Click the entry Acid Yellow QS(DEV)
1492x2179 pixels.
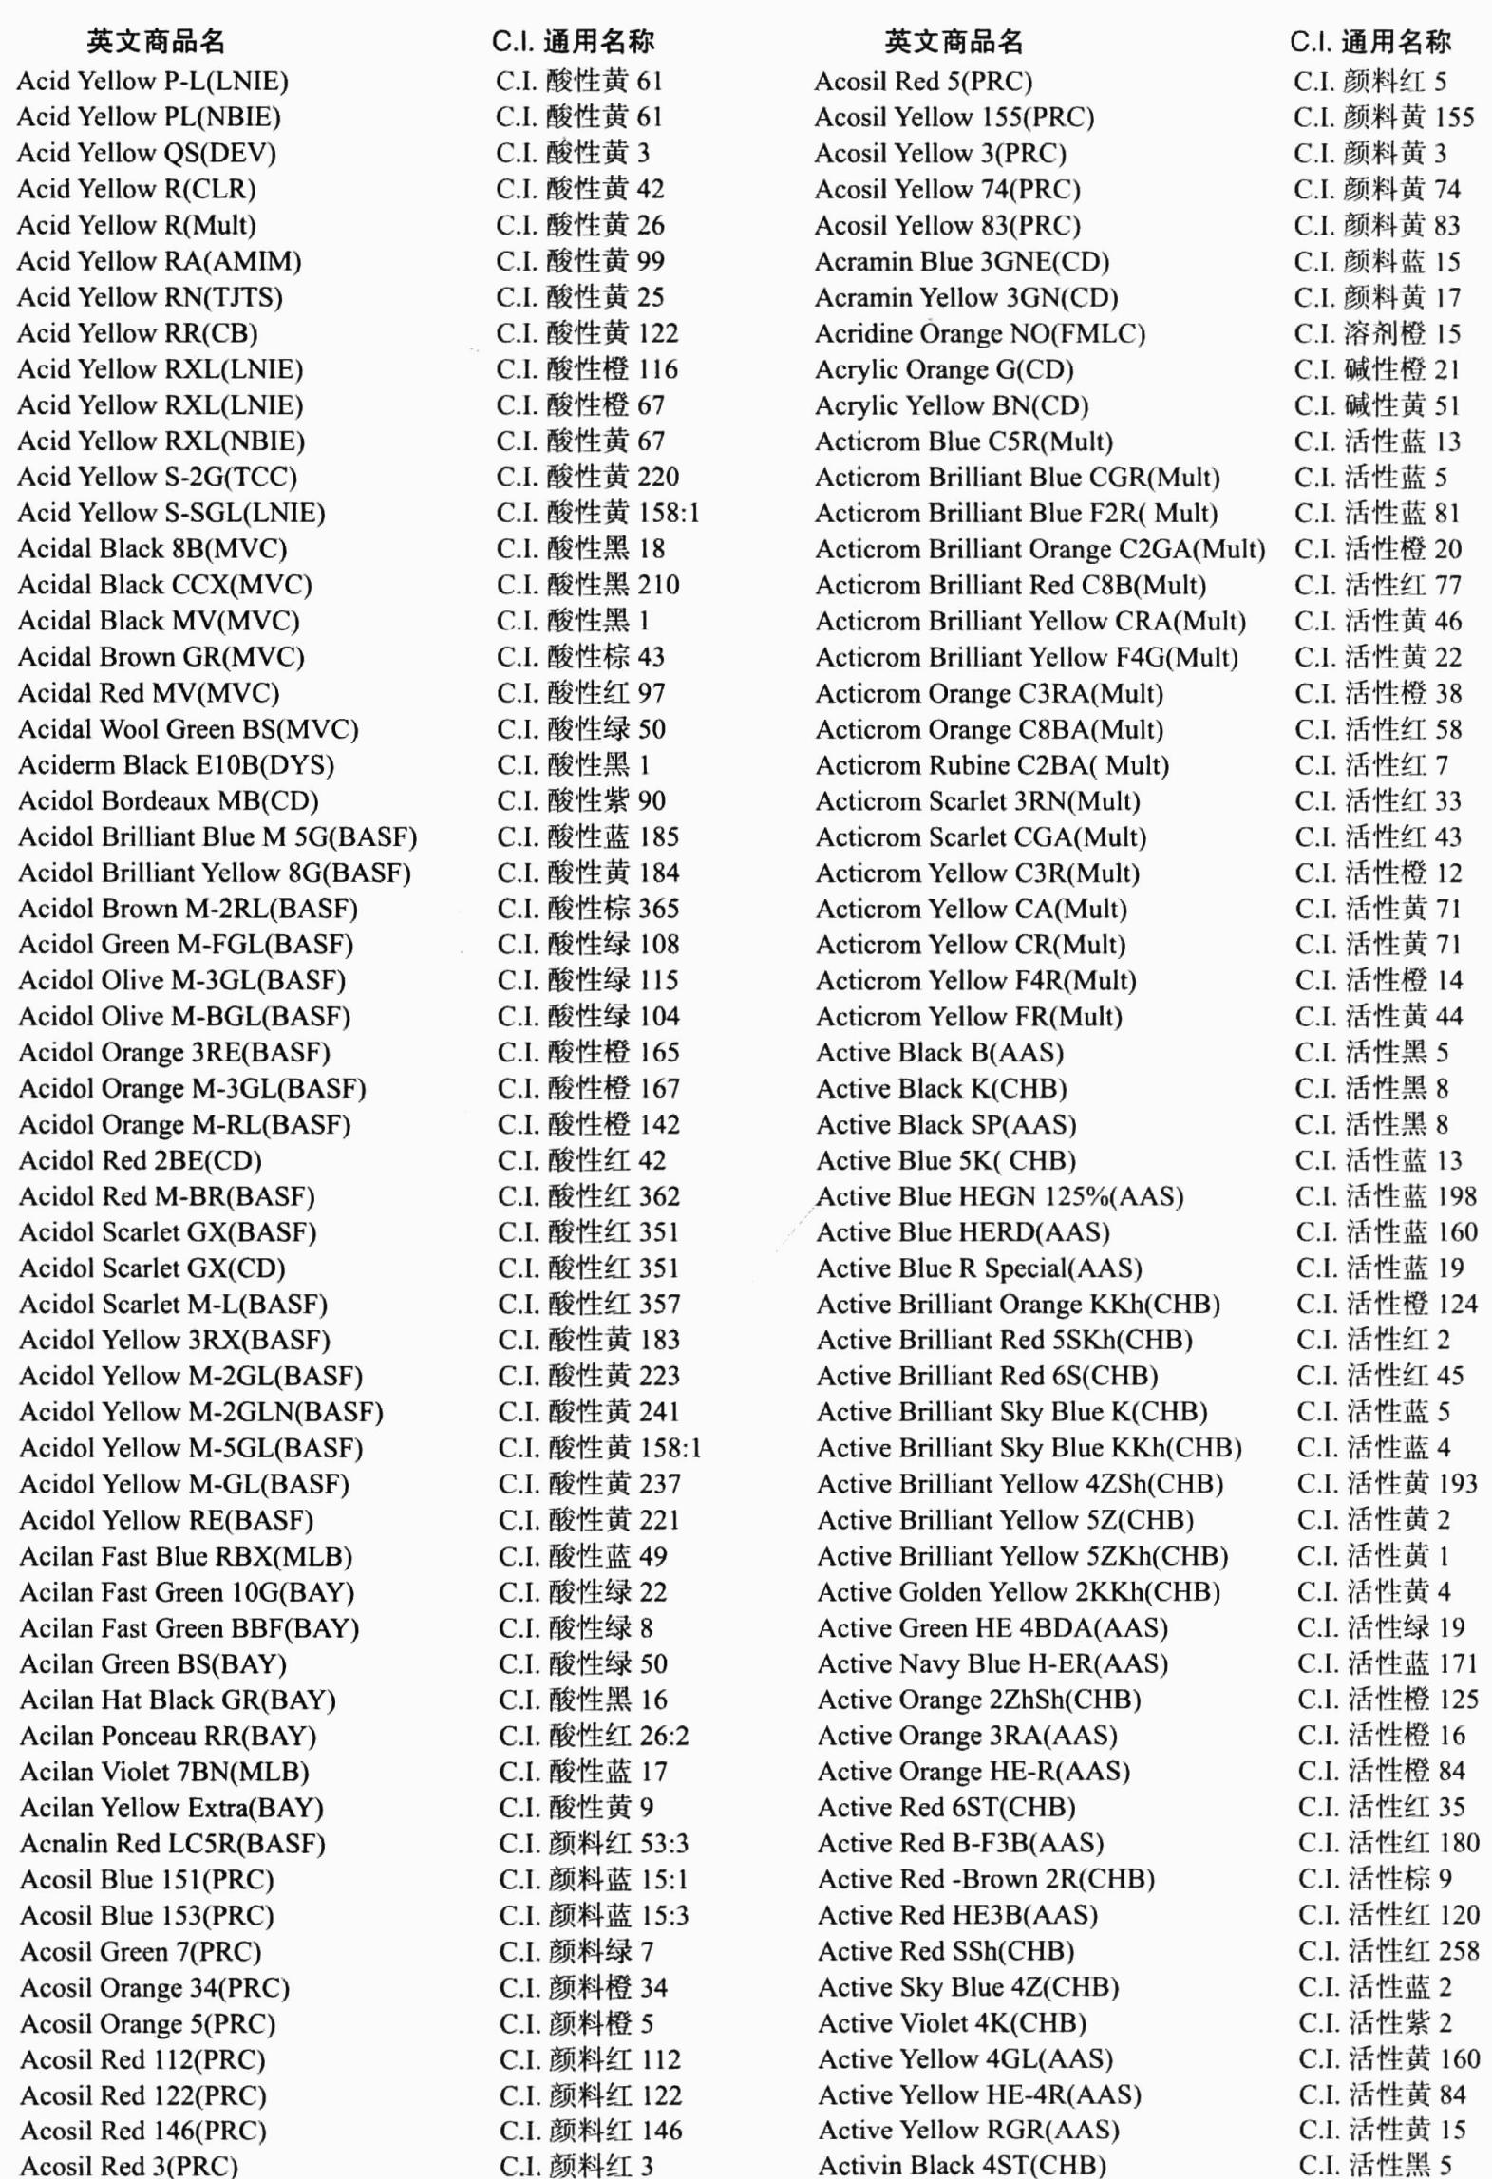coord(146,153)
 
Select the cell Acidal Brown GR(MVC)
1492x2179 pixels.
coord(161,657)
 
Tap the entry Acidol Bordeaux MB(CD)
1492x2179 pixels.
coord(168,801)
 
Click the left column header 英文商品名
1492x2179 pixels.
coord(156,42)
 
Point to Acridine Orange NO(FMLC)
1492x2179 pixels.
coord(979,334)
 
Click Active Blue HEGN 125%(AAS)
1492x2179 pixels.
coord(999,1196)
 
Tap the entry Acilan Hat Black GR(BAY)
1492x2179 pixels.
coord(178,1700)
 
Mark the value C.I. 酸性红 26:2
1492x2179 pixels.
coord(594,1736)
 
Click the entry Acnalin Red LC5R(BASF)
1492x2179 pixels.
coord(172,1844)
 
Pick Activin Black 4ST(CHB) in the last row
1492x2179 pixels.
coord(961,2166)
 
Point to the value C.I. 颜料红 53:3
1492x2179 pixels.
coord(594,1844)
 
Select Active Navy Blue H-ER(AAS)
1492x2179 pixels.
coord(992,1664)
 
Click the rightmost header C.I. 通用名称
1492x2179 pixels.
coord(1369,42)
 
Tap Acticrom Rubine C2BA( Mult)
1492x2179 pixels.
coord(992,765)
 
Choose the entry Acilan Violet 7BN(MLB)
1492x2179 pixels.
coord(164,1772)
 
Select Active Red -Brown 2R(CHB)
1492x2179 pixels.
coord(986,1879)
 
